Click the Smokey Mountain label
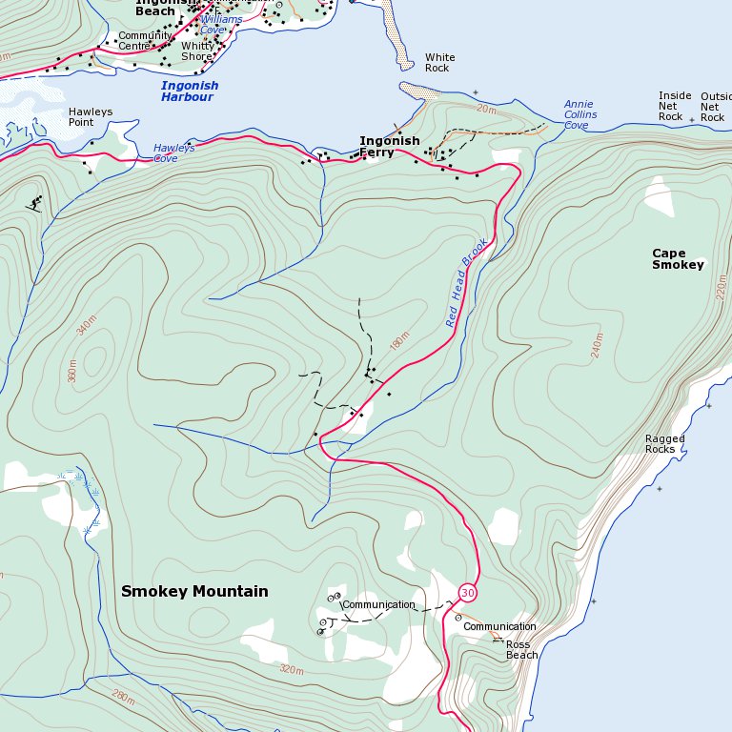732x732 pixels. [194, 592]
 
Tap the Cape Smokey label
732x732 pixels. [678, 259]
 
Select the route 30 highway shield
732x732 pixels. [467, 593]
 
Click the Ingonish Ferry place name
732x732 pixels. [389, 147]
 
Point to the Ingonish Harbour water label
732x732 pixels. [190, 91]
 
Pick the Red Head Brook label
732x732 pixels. [467, 282]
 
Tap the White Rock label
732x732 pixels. [439, 63]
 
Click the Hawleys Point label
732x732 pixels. [90, 117]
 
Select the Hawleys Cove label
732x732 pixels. [174, 153]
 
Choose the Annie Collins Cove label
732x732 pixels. [579, 114]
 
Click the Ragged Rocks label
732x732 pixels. [665, 444]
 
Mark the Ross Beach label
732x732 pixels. [522, 650]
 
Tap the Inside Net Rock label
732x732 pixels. [675, 107]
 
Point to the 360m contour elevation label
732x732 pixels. [71, 370]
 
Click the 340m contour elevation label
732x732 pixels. [87, 325]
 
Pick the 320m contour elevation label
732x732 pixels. [292, 670]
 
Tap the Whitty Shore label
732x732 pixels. [198, 51]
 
